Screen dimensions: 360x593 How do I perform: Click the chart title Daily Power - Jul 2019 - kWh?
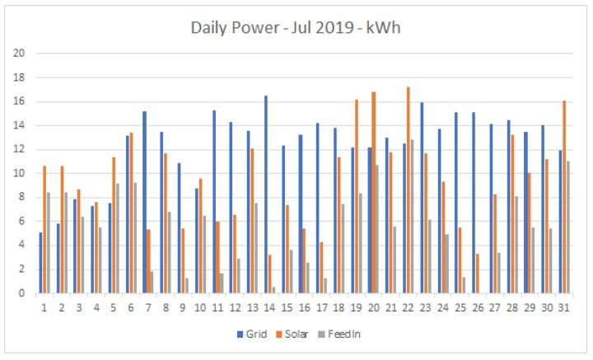click(x=296, y=28)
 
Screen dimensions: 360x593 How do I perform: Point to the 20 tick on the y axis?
click(x=19, y=54)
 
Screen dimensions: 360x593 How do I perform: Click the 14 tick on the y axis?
click(x=19, y=126)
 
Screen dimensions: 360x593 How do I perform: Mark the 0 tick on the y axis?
click(x=22, y=293)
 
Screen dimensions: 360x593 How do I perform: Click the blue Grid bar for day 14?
click(x=266, y=194)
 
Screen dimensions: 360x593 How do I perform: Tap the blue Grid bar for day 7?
click(x=144, y=202)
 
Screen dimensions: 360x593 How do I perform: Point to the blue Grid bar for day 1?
click(x=40, y=263)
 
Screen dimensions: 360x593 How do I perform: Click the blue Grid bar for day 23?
click(x=422, y=198)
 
